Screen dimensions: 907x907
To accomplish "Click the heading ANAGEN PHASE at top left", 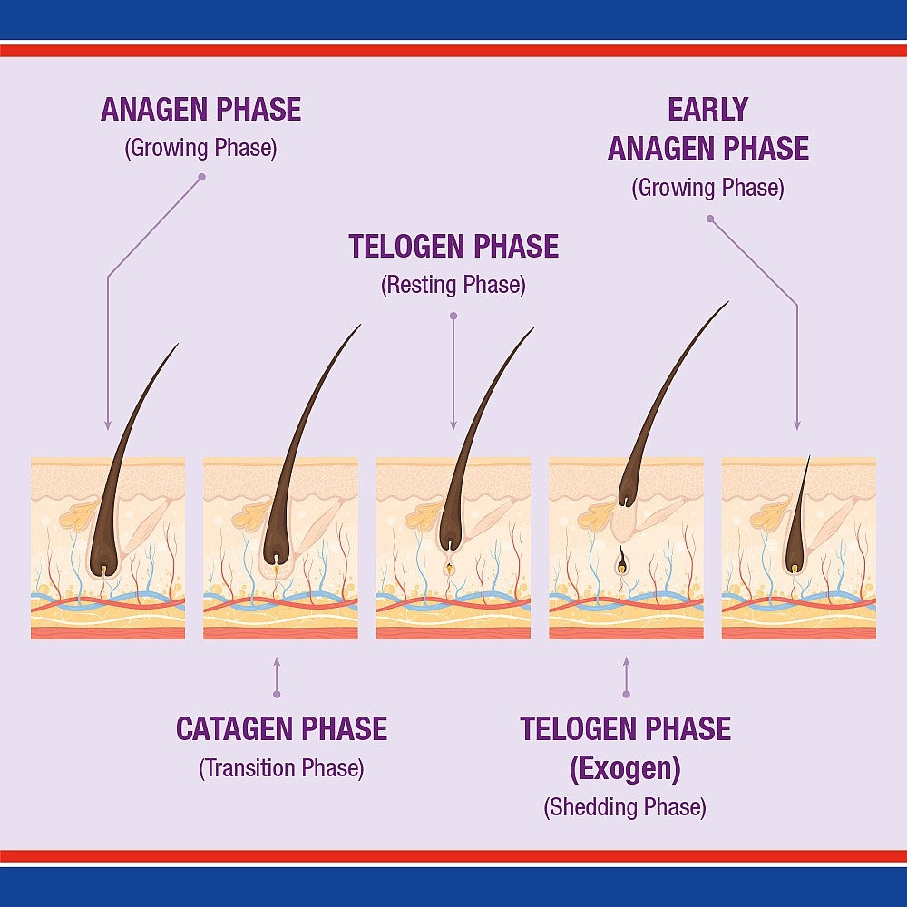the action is pyautogui.click(x=200, y=110).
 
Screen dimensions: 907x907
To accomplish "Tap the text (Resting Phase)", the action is pyautogui.click(x=453, y=285).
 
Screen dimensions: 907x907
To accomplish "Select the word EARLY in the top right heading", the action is pyautogui.click(x=708, y=110).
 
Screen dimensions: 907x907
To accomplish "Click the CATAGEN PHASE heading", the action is pyautogui.click(x=281, y=728).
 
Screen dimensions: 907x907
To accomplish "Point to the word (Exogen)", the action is pyautogui.click(x=625, y=768).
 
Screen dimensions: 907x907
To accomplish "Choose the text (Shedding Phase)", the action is pyautogui.click(x=625, y=807).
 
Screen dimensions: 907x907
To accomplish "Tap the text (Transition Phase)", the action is pyautogui.click(x=281, y=768).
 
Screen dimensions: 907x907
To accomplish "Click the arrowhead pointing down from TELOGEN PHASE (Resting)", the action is pyautogui.click(x=453, y=425).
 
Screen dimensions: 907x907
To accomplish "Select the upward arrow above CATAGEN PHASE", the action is pyautogui.click(x=277, y=677).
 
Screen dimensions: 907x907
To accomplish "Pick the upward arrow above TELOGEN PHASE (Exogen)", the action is pyautogui.click(x=626, y=677).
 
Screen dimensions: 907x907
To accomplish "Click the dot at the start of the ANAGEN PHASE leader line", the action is pyautogui.click(x=202, y=177).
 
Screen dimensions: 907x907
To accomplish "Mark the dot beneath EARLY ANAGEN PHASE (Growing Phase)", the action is pyautogui.click(x=710, y=219).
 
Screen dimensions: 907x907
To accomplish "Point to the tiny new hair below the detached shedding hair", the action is pyautogui.click(x=621, y=561).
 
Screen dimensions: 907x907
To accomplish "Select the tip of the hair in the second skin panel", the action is pyautogui.click(x=360, y=325).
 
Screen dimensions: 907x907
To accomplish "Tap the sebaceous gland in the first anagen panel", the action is pyautogui.click(x=78, y=516).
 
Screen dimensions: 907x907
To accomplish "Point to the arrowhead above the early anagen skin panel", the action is pyautogui.click(x=797, y=425).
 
